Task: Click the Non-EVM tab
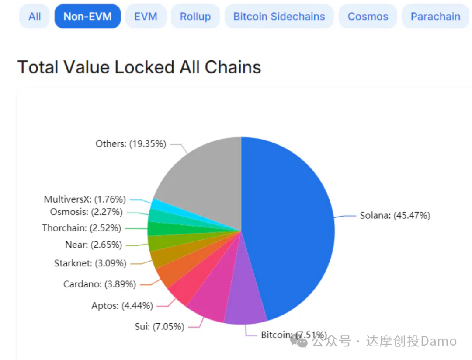(87, 17)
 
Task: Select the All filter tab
(35, 17)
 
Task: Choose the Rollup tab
(195, 17)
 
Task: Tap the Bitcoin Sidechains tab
(279, 17)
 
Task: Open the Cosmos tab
(368, 17)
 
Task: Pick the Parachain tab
(435, 17)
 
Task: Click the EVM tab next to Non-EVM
(146, 17)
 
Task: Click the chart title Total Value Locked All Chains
(139, 67)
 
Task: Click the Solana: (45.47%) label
(395, 215)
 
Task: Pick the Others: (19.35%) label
(131, 144)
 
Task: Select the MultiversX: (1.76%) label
(85, 199)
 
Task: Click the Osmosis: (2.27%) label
(86, 212)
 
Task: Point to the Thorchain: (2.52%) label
(82, 228)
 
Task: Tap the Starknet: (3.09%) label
(90, 263)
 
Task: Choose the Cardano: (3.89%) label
(100, 284)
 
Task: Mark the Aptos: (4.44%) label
(122, 306)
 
